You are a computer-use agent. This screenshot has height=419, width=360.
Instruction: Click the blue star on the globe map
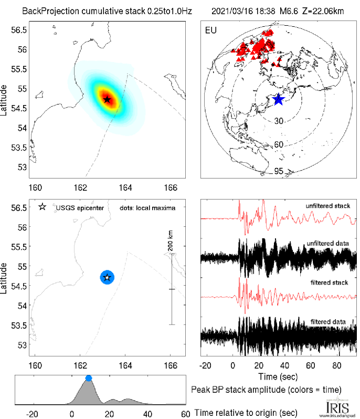coord(278,99)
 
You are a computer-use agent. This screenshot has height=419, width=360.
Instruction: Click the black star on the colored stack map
coord(107,99)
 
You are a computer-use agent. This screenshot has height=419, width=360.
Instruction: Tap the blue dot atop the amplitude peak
coord(88,378)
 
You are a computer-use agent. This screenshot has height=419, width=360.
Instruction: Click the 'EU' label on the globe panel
coord(209,29)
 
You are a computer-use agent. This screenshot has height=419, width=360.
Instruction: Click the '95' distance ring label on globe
coord(279,171)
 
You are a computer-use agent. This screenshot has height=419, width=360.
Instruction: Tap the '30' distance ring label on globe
coord(279,121)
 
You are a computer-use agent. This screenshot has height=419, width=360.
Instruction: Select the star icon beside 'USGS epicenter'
coord(42,207)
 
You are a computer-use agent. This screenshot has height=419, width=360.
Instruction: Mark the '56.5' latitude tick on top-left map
coord(19,30)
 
